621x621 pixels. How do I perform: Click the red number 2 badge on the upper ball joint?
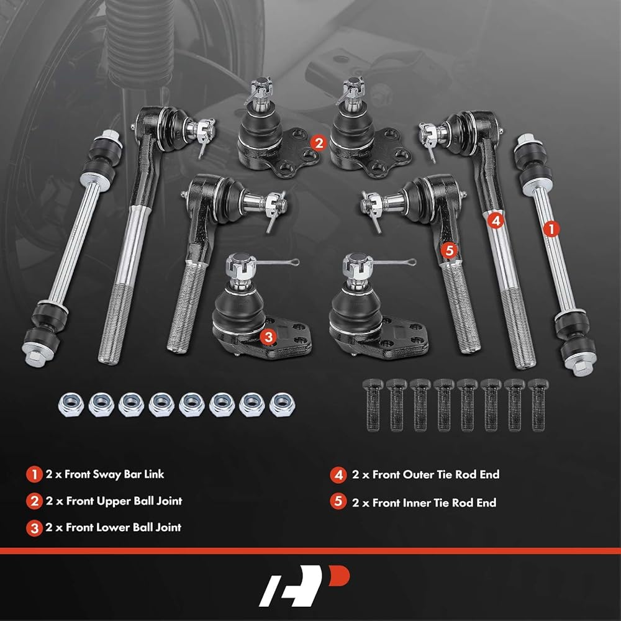[x=319, y=143]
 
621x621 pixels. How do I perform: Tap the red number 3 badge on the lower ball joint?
[x=268, y=337]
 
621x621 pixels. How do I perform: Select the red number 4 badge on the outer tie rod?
[x=496, y=220]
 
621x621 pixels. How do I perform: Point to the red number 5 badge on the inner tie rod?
[x=449, y=250]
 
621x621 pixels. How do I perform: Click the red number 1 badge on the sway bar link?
[x=551, y=229]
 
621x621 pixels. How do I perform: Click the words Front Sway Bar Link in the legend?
[x=114, y=474]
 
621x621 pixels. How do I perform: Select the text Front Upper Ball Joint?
[x=124, y=501]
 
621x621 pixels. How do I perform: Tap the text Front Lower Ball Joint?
[x=124, y=527]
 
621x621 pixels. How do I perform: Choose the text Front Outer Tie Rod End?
[x=436, y=474]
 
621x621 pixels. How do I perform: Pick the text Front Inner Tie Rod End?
[x=434, y=502]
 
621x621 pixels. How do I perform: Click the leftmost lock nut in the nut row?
[x=71, y=405]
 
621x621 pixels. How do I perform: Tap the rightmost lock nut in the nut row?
[x=282, y=405]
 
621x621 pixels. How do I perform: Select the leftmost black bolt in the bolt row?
[x=373, y=405]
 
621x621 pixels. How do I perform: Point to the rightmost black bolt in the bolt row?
[x=538, y=405]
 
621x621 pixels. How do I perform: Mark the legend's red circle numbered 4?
[x=338, y=474]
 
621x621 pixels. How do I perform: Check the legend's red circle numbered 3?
[x=34, y=528]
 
